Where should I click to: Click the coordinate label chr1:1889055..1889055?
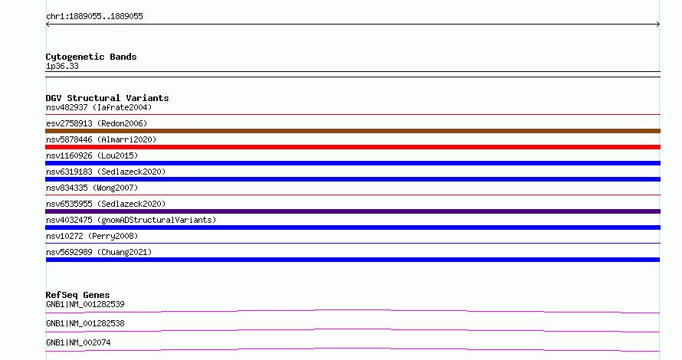[94, 17]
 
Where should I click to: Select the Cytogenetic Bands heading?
[91, 57]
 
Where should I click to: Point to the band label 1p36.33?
[62, 66]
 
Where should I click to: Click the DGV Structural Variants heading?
[107, 98]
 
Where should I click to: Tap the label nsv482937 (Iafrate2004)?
[99, 107]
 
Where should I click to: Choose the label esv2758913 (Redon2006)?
[97, 123]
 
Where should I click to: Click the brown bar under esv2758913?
[352, 131]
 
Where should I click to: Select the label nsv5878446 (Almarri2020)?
[101, 139]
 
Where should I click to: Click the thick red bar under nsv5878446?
[352, 147]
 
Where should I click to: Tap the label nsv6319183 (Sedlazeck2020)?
[106, 172]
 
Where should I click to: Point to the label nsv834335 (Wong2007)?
[92, 188]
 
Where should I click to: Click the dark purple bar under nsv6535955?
[352, 211]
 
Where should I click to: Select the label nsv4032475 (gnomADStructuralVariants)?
[131, 220]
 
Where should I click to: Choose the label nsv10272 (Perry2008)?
[92, 236]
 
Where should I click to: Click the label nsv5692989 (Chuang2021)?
[99, 252]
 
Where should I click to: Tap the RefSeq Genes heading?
[77, 295]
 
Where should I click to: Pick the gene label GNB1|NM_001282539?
[85, 304]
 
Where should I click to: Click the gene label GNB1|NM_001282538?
[85, 323]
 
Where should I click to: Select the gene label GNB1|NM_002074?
[78, 342]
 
